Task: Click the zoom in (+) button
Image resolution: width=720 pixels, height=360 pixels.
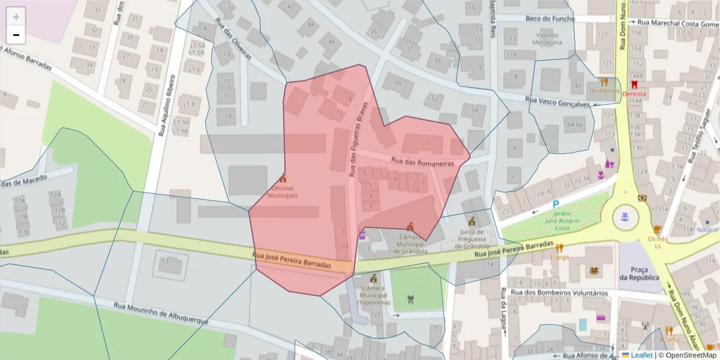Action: point(16,17)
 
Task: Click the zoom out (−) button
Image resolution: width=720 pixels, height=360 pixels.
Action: point(16,35)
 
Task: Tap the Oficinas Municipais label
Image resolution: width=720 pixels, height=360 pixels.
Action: point(283,192)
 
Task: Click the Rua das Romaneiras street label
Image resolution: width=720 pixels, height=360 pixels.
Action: point(422,161)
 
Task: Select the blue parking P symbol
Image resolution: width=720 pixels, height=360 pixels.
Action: point(556,205)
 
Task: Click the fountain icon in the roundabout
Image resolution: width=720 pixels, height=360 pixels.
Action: point(626,216)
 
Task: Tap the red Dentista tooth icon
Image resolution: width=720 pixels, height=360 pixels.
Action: point(634,85)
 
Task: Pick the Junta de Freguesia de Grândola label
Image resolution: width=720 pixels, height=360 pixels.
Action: point(472,239)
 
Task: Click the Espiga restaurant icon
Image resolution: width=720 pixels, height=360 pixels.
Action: point(560,248)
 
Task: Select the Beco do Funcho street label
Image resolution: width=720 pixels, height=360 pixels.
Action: point(550,19)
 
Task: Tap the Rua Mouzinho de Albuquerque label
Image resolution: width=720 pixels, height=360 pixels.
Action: point(161,313)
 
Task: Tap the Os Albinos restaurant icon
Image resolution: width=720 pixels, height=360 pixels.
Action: point(604,82)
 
